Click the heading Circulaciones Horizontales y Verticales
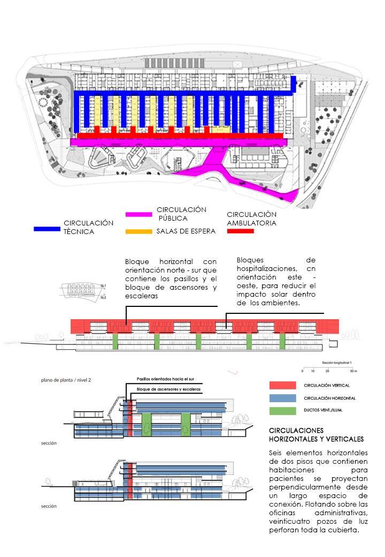(311, 434)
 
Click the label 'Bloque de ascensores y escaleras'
(169, 388)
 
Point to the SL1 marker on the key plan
(103, 285)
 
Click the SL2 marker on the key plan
(103, 297)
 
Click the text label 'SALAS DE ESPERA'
(186, 231)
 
